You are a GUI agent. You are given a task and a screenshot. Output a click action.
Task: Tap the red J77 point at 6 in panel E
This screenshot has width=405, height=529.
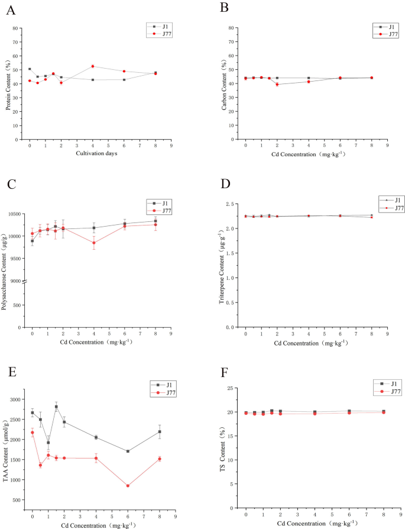(x=128, y=486)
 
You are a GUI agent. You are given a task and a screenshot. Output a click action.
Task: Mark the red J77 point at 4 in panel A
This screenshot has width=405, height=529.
(x=93, y=66)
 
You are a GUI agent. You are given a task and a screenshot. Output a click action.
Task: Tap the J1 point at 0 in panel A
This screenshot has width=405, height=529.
(x=30, y=69)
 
